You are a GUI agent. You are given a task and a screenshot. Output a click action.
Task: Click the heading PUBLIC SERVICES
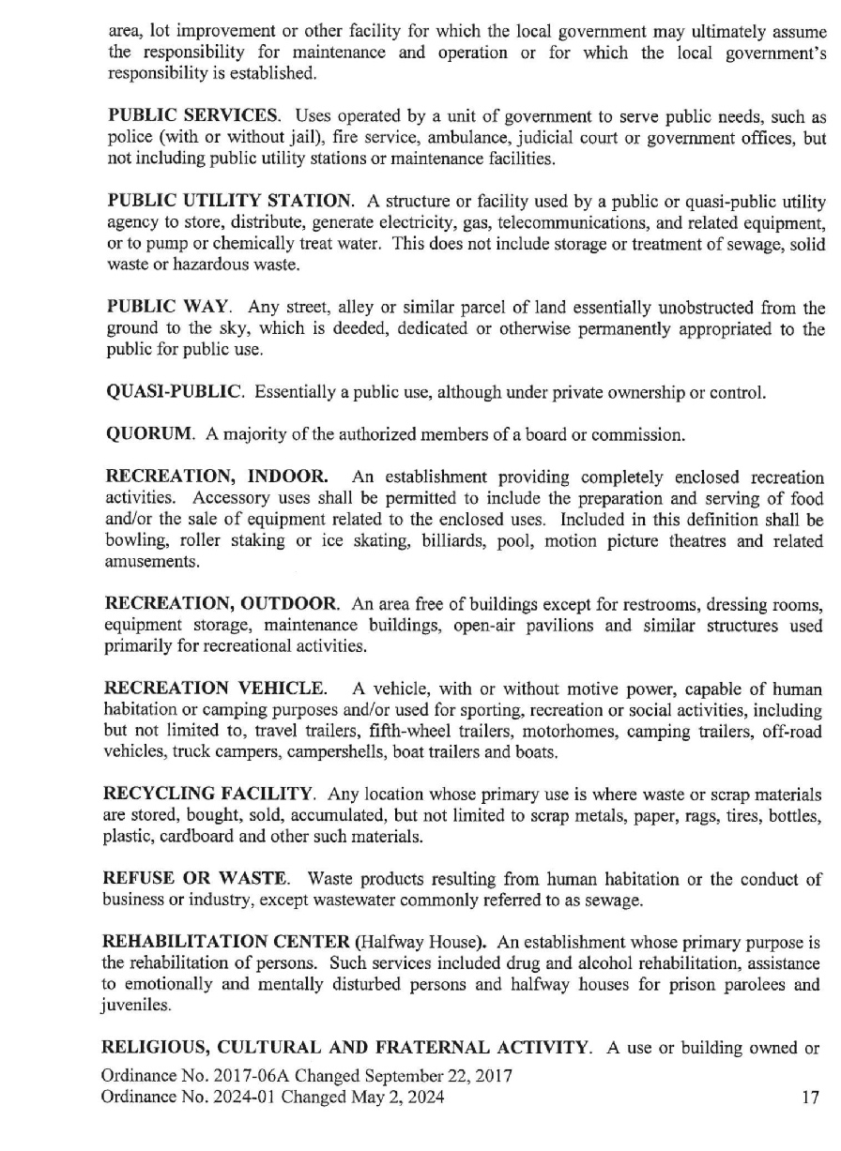click(x=193, y=117)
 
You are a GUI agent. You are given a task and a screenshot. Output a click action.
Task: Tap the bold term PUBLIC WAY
click(x=164, y=308)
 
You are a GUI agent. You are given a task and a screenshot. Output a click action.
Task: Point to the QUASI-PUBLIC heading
click(x=176, y=392)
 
